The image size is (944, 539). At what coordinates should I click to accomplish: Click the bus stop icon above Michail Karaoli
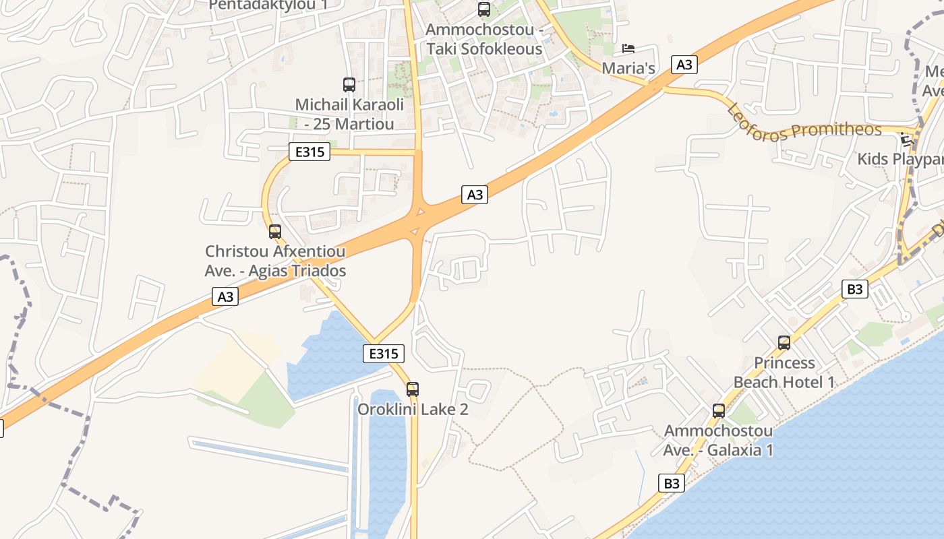click(349, 85)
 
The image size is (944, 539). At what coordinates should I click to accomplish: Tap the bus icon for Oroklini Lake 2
click(413, 389)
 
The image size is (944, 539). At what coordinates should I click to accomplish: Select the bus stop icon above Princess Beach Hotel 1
click(784, 342)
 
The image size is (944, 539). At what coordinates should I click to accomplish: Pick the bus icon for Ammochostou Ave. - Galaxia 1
click(719, 410)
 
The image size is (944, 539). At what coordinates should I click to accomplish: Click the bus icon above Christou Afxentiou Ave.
click(275, 232)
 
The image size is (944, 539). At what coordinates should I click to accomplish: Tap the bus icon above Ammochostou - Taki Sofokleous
click(484, 9)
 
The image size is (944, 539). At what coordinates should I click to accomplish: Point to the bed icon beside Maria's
click(628, 49)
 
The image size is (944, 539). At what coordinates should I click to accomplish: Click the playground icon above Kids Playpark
click(907, 141)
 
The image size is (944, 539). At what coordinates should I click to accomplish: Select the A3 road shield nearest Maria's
click(684, 65)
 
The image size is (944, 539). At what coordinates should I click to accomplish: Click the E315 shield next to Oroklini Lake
click(384, 353)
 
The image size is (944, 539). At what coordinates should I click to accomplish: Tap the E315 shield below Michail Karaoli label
click(310, 152)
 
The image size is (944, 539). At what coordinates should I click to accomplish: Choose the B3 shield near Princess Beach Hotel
click(854, 290)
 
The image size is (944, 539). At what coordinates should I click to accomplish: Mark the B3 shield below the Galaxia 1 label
click(672, 483)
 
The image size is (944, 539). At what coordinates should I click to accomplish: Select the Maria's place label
click(628, 68)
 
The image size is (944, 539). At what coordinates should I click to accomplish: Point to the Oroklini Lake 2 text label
click(413, 409)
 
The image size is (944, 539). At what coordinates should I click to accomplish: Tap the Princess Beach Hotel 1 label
click(784, 373)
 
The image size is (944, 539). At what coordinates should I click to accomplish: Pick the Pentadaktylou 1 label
click(268, 5)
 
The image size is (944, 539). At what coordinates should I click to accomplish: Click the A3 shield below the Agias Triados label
click(226, 296)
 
